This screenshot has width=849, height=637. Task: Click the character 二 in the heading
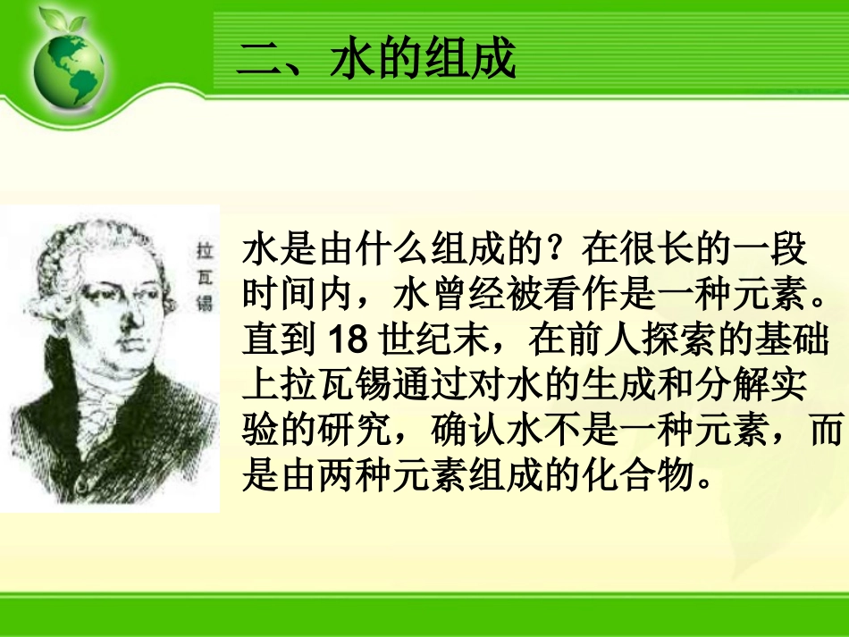tap(259, 62)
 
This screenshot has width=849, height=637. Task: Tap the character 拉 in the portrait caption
tap(205, 252)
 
